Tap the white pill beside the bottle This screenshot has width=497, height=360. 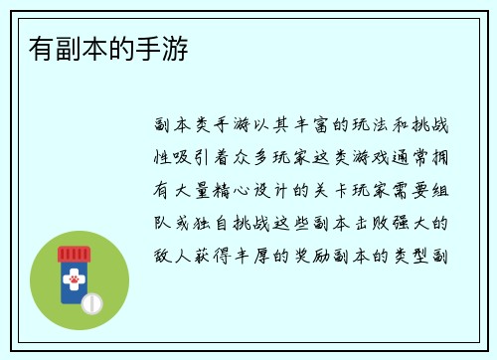91,300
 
